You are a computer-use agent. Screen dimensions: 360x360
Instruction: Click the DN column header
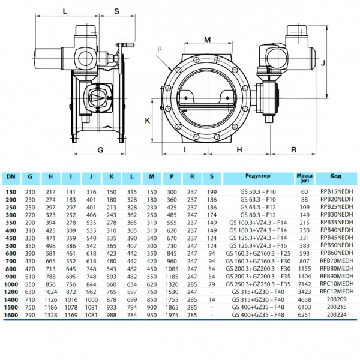[x=11, y=176]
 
